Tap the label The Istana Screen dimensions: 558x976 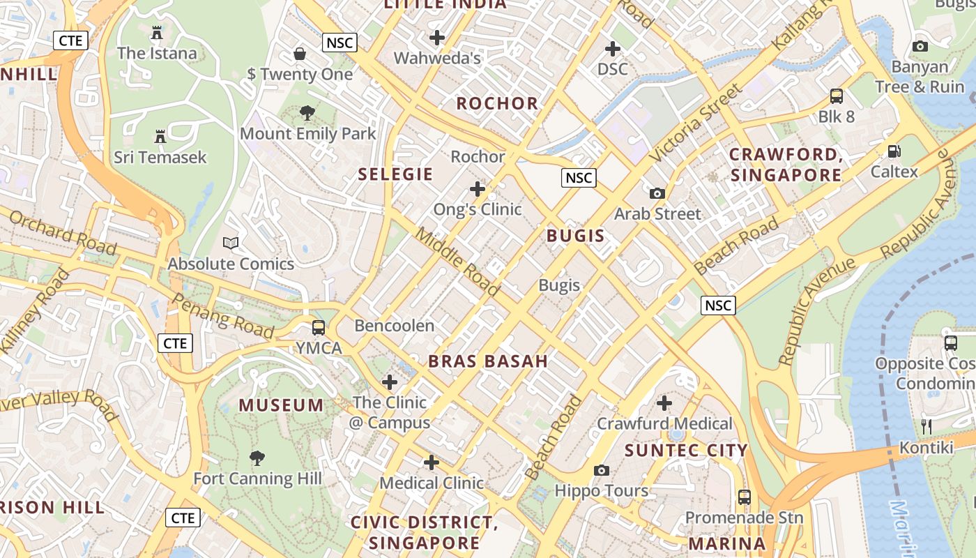(157, 53)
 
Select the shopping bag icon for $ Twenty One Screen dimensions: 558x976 (300, 54)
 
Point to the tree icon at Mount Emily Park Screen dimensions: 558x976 (307, 113)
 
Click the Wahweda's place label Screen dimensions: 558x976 (438, 58)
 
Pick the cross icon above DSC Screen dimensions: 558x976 (613, 49)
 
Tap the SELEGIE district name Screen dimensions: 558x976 (395, 174)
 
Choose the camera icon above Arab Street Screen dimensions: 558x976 (657, 193)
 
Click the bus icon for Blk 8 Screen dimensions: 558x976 (836, 96)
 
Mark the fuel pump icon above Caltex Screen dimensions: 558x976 (894, 151)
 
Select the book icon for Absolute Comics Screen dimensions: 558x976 (231, 243)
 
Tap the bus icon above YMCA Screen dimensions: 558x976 (319, 327)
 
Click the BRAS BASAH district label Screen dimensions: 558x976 (488, 361)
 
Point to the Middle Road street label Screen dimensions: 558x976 (458, 260)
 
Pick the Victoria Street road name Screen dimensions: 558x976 (696, 123)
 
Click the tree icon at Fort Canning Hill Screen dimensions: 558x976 (257, 458)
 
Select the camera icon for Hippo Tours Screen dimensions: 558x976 (602, 471)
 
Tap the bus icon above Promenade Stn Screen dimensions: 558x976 (745, 497)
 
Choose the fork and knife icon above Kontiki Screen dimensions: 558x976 (927, 426)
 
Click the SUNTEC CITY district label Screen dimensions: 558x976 (686, 451)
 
